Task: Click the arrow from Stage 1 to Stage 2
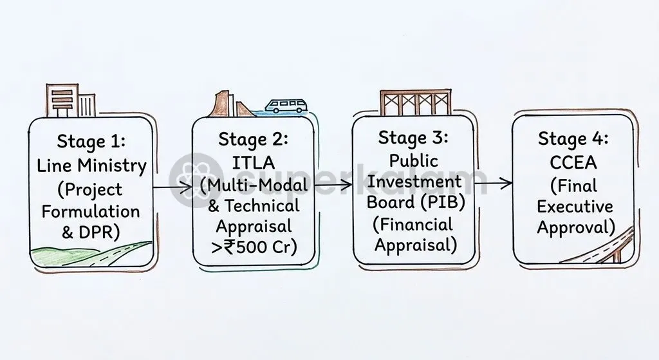[x=172, y=187]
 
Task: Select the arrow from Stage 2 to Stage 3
[x=333, y=184]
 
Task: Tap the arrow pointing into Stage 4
[x=494, y=183]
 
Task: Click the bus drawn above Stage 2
[x=286, y=106]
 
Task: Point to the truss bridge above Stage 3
[x=415, y=102]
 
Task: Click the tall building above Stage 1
[x=62, y=100]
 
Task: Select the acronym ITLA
[x=254, y=163]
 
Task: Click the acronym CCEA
[x=573, y=162]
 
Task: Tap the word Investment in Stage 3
[x=414, y=181]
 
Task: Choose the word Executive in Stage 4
[x=575, y=207]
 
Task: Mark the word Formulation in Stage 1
[x=91, y=211]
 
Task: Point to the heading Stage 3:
[x=413, y=138]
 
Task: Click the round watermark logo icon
[x=196, y=180]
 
